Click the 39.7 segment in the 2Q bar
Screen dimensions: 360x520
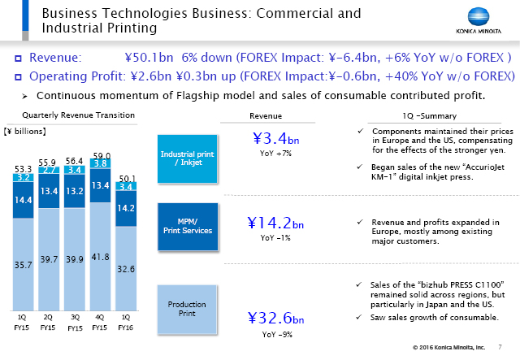tap(48, 258)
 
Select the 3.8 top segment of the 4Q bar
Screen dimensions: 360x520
tap(101, 163)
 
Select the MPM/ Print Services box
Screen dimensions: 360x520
tap(188, 225)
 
